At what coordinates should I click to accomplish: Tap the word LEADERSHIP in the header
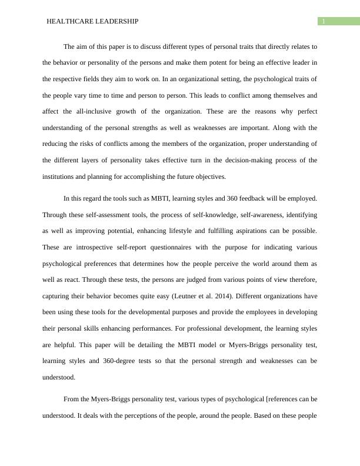click(118, 21)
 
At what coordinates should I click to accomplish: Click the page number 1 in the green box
click(323, 21)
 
